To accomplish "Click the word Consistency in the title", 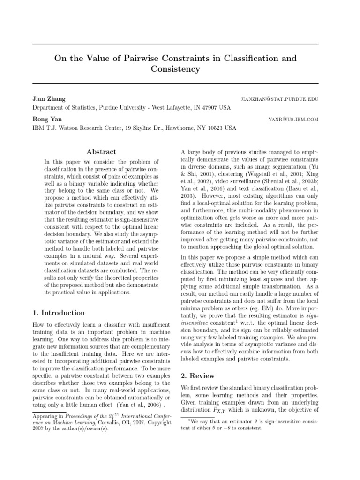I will (175, 69).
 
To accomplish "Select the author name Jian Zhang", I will (49, 99).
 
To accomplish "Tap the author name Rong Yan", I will (47, 119).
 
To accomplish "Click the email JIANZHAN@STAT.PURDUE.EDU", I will (279, 100).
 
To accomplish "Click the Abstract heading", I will (102, 152).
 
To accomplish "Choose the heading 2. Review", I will (198, 375).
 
